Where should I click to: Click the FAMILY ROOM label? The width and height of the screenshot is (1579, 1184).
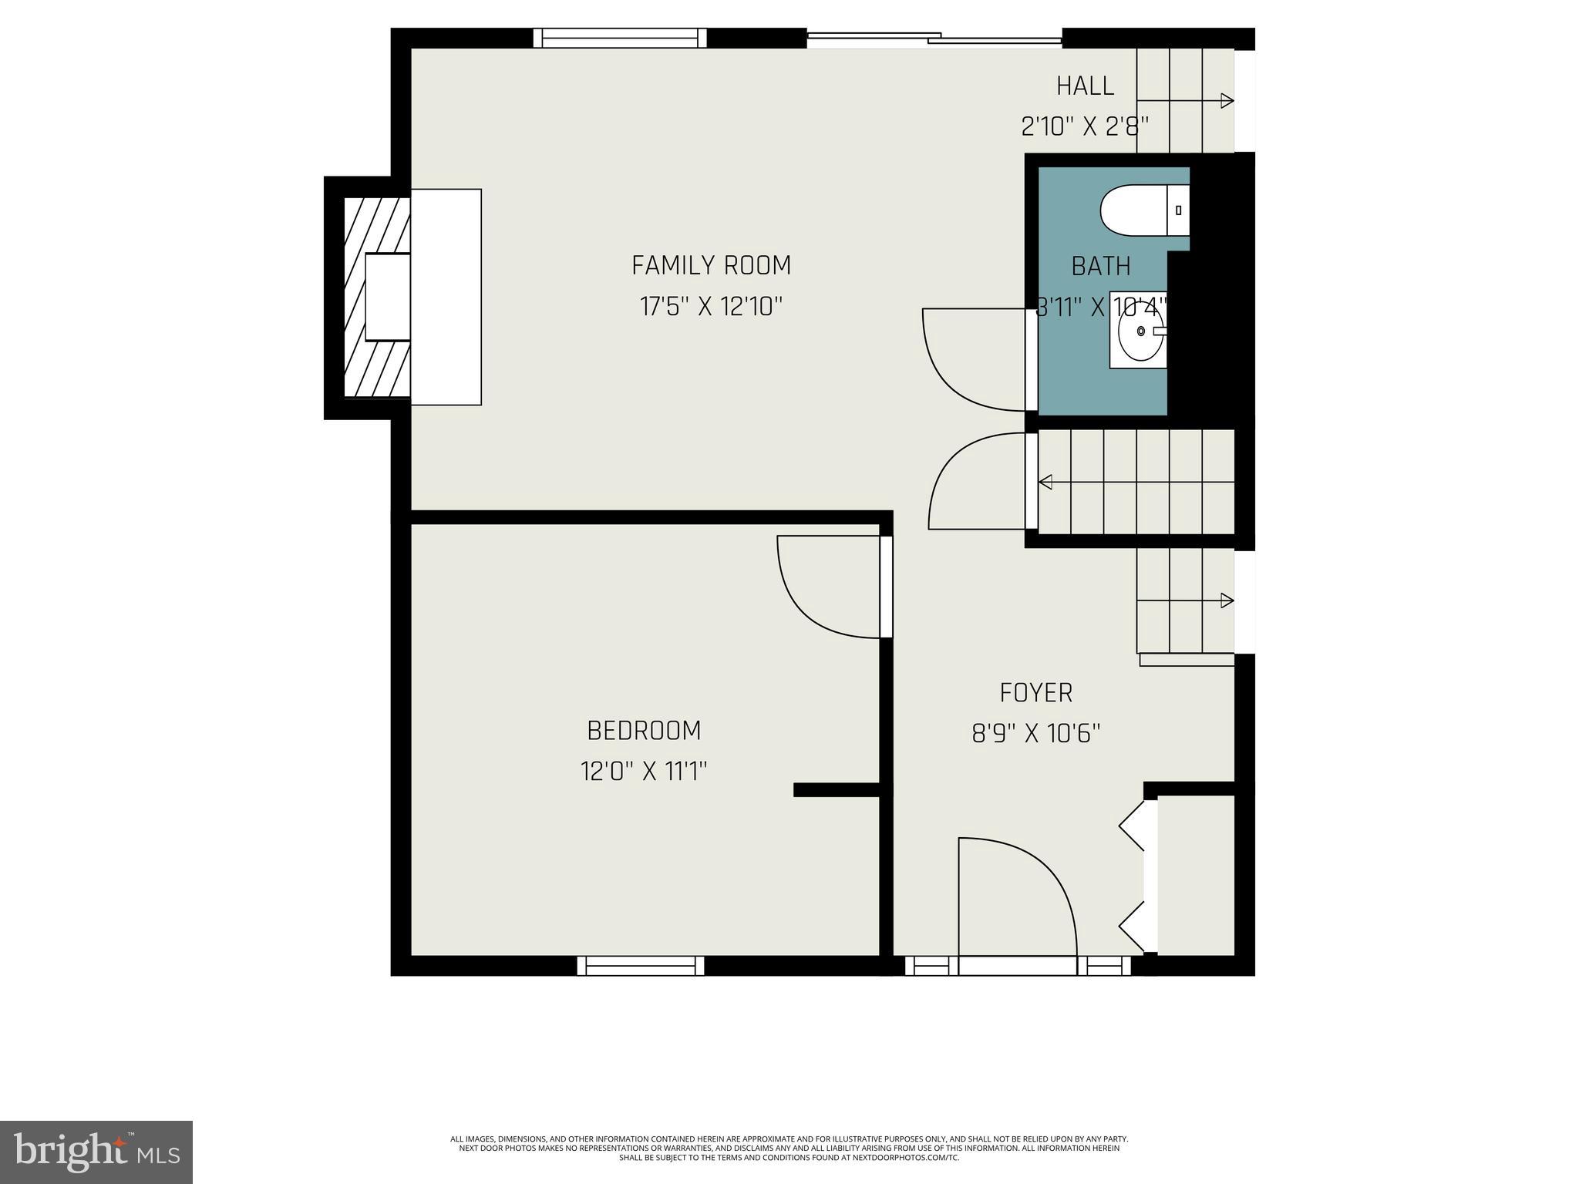pyautogui.click(x=711, y=265)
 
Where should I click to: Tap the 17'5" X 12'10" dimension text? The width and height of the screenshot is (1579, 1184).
pyautogui.click(x=711, y=307)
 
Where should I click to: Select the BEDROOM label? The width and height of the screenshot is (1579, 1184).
pyautogui.click(x=644, y=729)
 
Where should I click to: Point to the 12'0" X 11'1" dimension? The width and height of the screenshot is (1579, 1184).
pyautogui.click(x=644, y=771)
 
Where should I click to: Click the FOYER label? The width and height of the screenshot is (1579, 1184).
pyautogui.click(x=1035, y=692)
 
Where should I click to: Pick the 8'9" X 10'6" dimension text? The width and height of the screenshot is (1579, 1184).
pyautogui.click(x=1035, y=733)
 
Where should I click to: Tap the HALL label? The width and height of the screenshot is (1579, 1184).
pyautogui.click(x=1085, y=86)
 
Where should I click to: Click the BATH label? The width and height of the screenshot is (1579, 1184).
pyautogui.click(x=1100, y=266)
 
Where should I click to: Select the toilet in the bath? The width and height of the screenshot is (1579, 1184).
pyautogui.click(x=1141, y=210)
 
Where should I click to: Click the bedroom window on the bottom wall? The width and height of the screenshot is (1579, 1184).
pyautogui.click(x=641, y=966)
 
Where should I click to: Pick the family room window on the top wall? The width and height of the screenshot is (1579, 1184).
pyautogui.click(x=621, y=38)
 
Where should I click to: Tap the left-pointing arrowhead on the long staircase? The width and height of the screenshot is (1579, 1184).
pyautogui.click(x=1045, y=483)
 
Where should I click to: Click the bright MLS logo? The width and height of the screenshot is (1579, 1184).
pyautogui.click(x=96, y=1152)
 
